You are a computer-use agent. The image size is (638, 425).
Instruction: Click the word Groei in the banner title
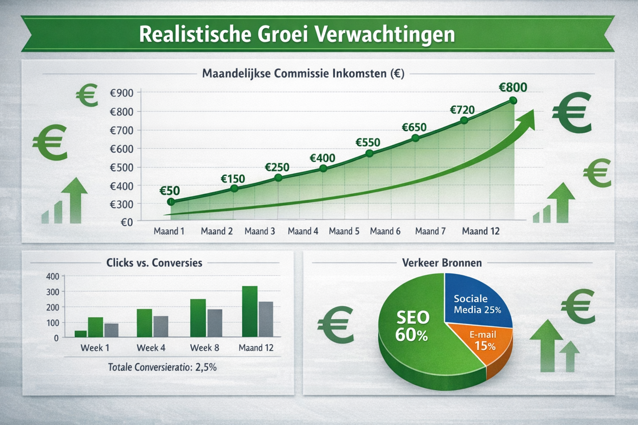(x=282, y=34)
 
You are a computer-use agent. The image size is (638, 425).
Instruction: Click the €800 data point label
(x=513, y=87)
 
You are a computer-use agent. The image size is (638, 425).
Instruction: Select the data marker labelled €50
(x=171, y=202)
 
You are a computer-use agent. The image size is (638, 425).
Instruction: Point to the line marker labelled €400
(x=324, y=168)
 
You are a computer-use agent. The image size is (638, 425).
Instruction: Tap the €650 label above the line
(x=414, y=127)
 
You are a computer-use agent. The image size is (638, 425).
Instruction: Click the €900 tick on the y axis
(x=121, y=93)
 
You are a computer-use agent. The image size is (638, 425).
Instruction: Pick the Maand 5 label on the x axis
(x=344, y=231)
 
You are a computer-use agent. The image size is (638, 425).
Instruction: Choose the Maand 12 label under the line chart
(x=481, y=231)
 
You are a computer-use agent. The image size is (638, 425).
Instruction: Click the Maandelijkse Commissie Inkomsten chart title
(x=303, y=74)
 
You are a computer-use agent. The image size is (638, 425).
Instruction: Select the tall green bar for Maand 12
(x=250, y=311)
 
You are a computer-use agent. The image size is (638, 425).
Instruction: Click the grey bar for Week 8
(x=214, y=323)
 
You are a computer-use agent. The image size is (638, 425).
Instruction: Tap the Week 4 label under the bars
(x=151, y=348)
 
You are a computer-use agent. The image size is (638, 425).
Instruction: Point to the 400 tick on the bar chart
(x=53, y=276)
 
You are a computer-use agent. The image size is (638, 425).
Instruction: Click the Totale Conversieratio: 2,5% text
(x=162, y=367)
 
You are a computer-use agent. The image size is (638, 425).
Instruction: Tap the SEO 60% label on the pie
(x=412, y=326)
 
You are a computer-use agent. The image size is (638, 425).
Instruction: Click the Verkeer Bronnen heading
(x=442, y=263)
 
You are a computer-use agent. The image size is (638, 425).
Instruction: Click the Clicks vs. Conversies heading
(x=154, y=263)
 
